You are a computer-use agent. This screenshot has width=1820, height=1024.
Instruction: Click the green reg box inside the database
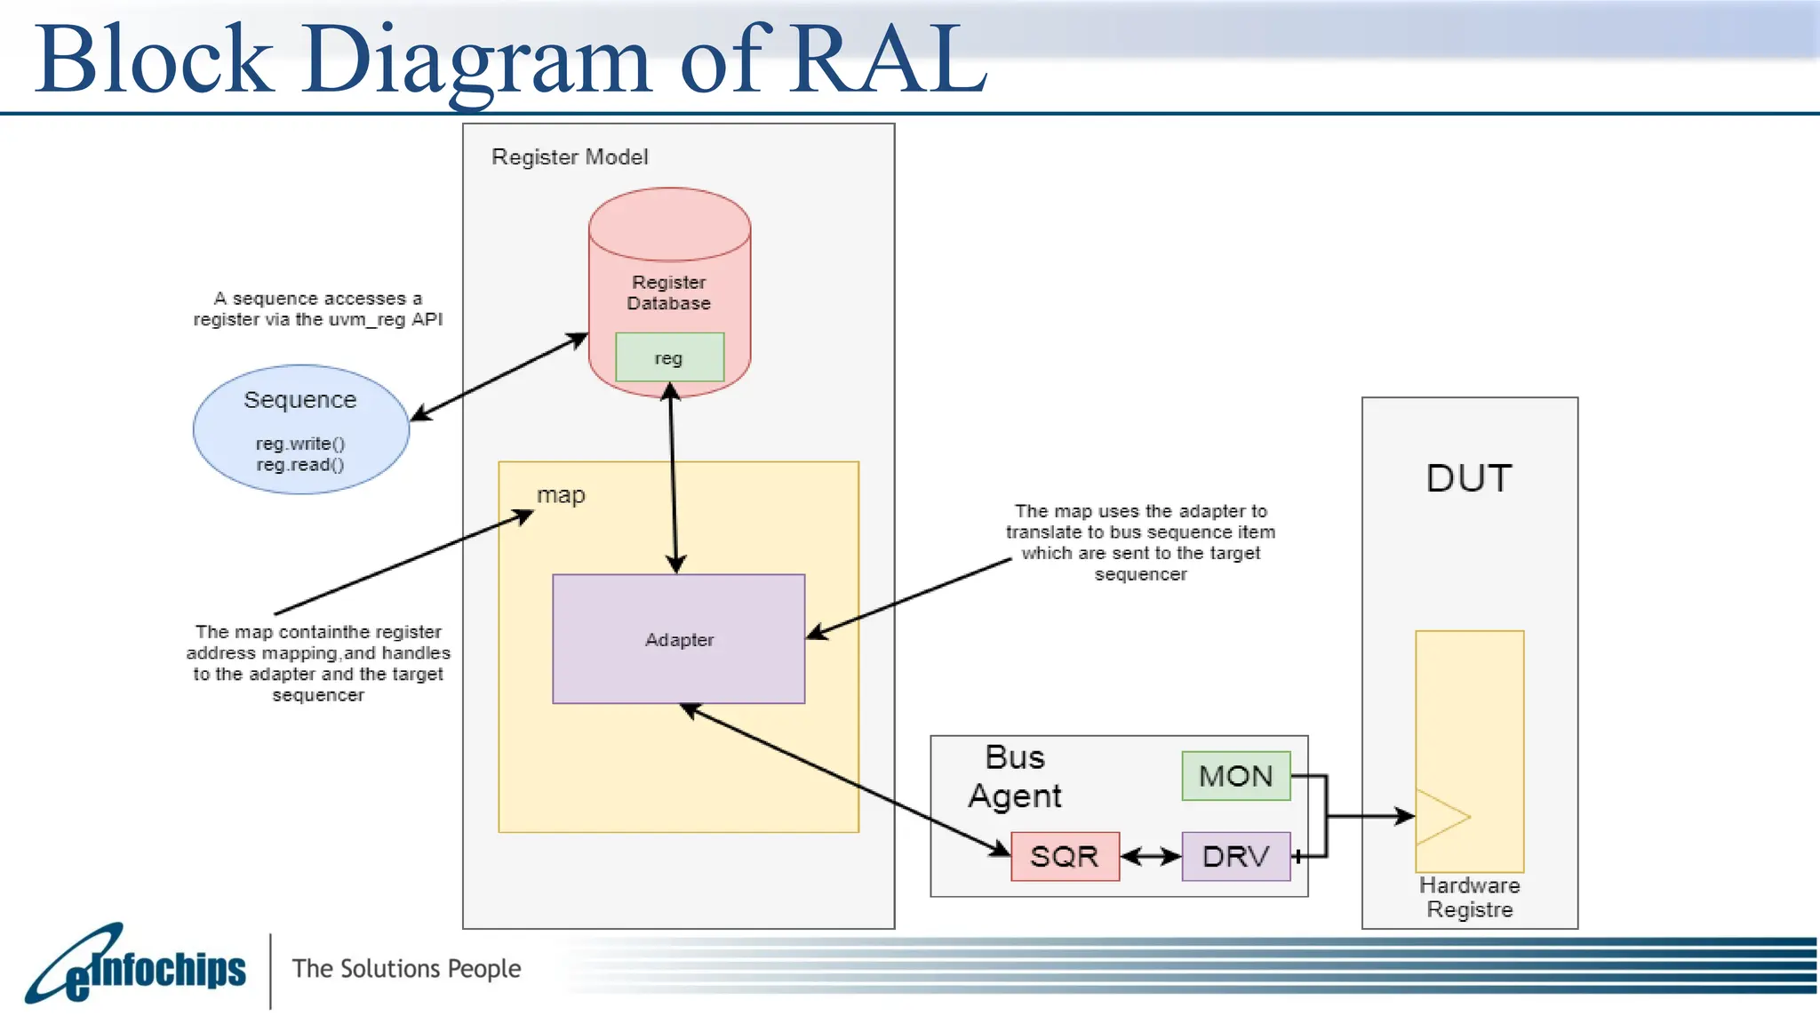[x=669, y=357]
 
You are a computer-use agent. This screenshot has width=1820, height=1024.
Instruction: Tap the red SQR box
[x=1065, y=856]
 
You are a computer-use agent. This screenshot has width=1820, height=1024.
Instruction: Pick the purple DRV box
[x=1235, y=856]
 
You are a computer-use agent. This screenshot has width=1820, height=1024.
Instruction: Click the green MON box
[x=1235, y=776]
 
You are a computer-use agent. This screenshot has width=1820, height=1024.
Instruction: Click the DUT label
[x=1468, y=478]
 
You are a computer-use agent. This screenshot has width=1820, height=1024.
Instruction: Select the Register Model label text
[x=570, y=157]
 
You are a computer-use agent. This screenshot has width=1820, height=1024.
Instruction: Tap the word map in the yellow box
[x=561, y=495]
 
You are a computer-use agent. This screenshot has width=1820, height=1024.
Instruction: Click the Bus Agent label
[x=1015, y=776]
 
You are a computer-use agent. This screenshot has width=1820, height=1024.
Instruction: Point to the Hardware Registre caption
[x=1469, y=897]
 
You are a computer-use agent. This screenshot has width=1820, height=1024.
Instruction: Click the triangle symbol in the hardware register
[x=1440, y=816]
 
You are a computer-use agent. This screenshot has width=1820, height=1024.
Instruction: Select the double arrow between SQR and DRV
[x=1150, y=856]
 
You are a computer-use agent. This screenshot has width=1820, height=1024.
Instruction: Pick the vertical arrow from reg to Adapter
[x=673, y=480]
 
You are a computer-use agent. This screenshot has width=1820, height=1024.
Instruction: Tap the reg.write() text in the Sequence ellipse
[x=300, y=444]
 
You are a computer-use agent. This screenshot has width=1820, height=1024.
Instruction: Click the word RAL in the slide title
[x=889, y=59]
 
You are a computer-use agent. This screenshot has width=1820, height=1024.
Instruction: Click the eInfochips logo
[x=138, y=967]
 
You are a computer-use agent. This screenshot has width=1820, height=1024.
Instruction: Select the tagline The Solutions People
[x=406, y=968]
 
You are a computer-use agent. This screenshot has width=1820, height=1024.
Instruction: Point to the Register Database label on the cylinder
[x=668, y=292]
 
